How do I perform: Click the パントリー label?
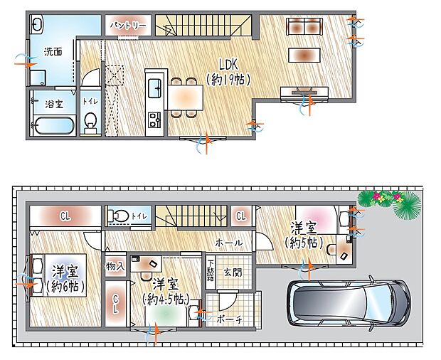click(x=128, y=26)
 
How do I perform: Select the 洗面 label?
click(x=52, y=52)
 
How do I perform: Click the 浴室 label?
click(x=54, y=104)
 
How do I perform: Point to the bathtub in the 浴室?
click(x=54, y=126)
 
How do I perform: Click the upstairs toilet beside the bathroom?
click(x=90, y=125)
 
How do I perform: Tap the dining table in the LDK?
click(x=185, y=95)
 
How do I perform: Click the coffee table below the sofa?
click(x=304, y=55)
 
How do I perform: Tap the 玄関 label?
click(x=233, y=272)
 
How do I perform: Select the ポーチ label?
click(x=229, y=319)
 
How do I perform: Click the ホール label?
click(x=228, y=243)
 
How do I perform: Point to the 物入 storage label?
click(x=115, y=266)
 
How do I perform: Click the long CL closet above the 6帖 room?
click(x=65, y=215)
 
